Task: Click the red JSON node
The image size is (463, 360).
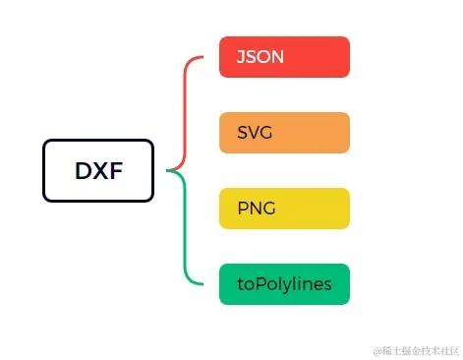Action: tap(284, 56)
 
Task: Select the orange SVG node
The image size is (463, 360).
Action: tap(284, 132)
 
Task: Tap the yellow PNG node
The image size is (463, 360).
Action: tap(284, 208)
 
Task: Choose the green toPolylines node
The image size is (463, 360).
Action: tap(284, 284)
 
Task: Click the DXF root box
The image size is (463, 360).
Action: tap(98, 170)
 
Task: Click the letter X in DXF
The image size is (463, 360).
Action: tap(99, 171)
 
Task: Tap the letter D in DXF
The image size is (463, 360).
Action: tap(84, 171)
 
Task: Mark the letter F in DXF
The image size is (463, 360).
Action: tap(114, 171)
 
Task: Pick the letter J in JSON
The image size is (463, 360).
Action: tap(241, 57)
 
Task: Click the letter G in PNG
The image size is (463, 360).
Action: tap(268, 209)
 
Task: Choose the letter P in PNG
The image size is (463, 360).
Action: tap(243, 209)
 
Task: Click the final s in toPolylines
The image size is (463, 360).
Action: tap(326, 285)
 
